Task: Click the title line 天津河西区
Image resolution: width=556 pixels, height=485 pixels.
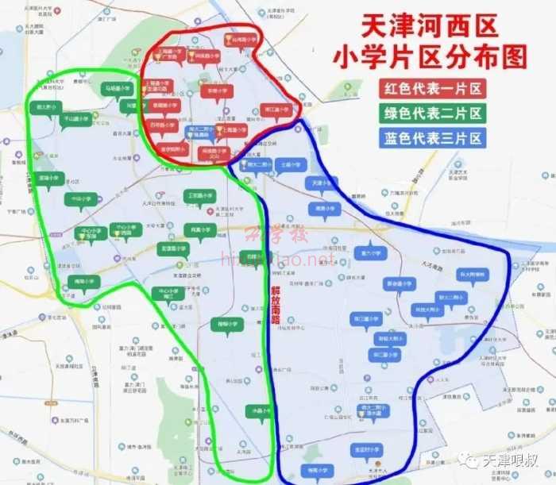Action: [431, 28]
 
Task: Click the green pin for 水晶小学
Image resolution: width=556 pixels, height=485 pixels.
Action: [258, 411]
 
